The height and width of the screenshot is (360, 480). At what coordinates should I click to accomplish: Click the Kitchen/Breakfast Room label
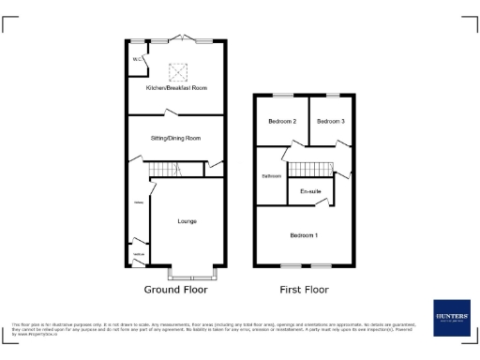pyautogui.click(x=175, y=88)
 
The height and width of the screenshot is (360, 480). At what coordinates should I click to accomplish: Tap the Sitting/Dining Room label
pyautogui.click(x=175, y=138)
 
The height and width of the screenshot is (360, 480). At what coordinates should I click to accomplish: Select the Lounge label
pyautogui.click(x=187, y=220)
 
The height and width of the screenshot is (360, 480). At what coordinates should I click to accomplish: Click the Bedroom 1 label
pyautogui.click(x=304, y=234)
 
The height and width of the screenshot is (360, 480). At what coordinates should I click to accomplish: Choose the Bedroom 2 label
pyautogui.click(x=282, y=121)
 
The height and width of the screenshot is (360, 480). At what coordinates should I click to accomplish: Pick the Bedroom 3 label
pyautogui.click(x=330, y=121)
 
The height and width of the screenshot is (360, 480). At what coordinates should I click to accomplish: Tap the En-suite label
pyautogui.click(x=309, y=191)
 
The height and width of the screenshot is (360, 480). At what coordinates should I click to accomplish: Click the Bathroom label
pyautogui.click(x=272, y=175)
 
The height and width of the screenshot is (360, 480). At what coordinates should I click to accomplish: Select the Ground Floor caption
pyautogui.click(x=175, y=290)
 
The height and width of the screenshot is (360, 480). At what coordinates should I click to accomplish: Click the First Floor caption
pyautogui.click(x=304, y=290)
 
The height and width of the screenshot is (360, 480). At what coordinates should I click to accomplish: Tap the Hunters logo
pyautogui.click(x=451, y=317)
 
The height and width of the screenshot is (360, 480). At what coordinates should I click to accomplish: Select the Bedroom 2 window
pyautogui.click(x=282, y=96)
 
